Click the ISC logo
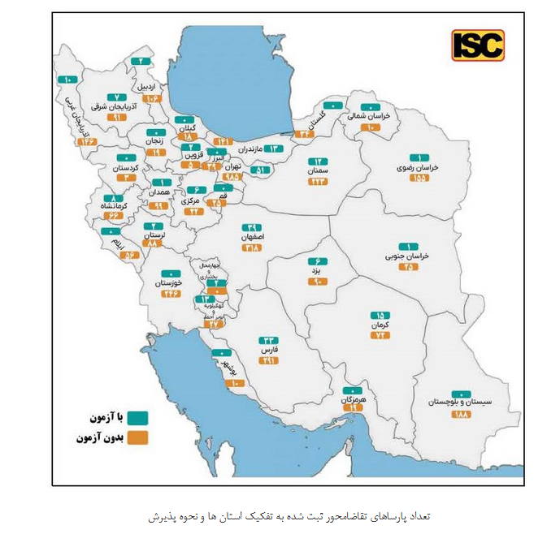point(478,45)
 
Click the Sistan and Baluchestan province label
point(460,402)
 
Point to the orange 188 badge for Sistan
point(462,415)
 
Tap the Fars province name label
point(269,351)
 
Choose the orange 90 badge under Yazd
point(319,282)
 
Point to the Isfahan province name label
point(253,237)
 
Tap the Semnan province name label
point(318,172)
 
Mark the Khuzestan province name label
point(171,283)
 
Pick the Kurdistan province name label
point(127,168)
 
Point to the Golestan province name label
point(326,116)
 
